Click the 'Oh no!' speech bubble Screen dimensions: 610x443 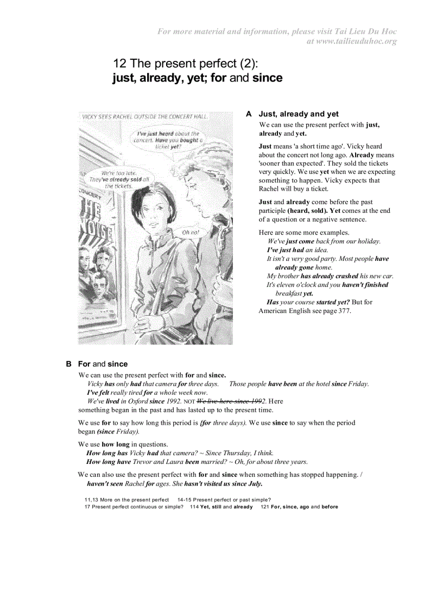pyautogui.click(x=190, y=232)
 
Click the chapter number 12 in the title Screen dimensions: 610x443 pyautogui.click(x=119, y=64)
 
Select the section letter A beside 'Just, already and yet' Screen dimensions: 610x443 pyautogui.click(x=249, y=114)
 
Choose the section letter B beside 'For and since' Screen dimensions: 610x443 pyautogui.click(x=69, y=364)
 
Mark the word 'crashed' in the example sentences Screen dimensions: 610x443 pyautogui.click(x=346, y=276)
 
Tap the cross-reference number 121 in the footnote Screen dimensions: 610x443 pyautogui.click(x=265, y=507)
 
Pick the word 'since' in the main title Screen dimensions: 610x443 pyautogui.click(x=267, y=78)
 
